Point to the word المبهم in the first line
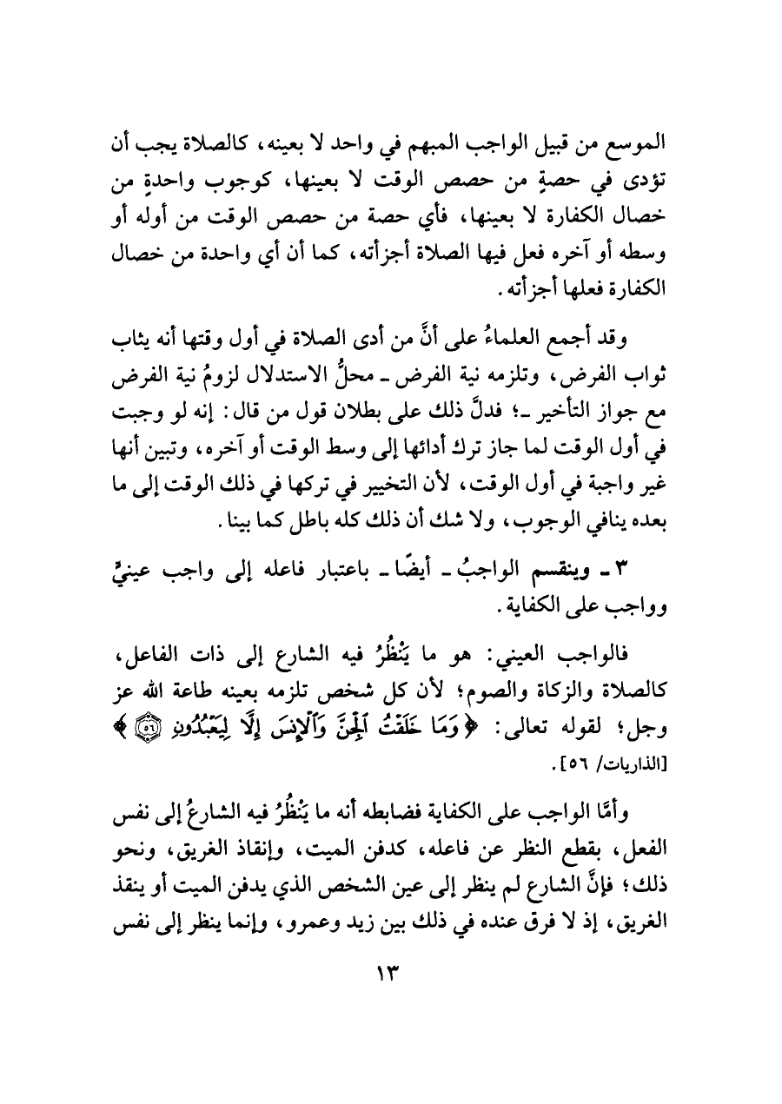point(469,143)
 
